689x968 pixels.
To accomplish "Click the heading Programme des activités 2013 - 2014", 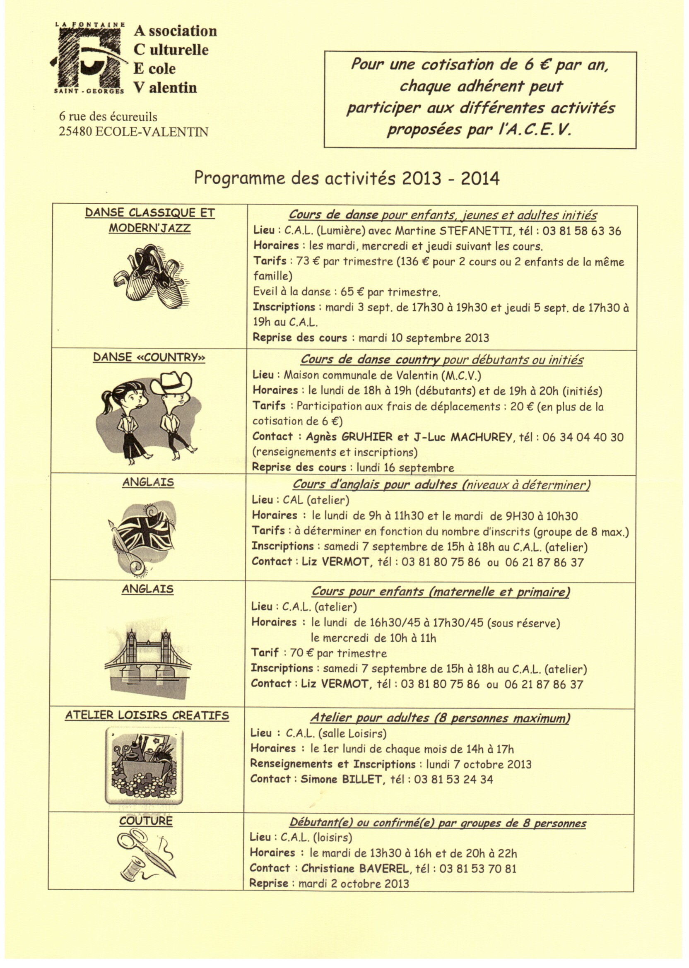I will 346,178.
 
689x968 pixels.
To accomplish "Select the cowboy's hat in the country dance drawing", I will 171,382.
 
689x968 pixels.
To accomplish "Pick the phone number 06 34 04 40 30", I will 583,437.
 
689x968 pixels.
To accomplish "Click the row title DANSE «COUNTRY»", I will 149,358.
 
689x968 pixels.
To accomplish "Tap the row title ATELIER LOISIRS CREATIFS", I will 147,715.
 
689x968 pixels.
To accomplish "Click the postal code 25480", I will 75,132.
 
